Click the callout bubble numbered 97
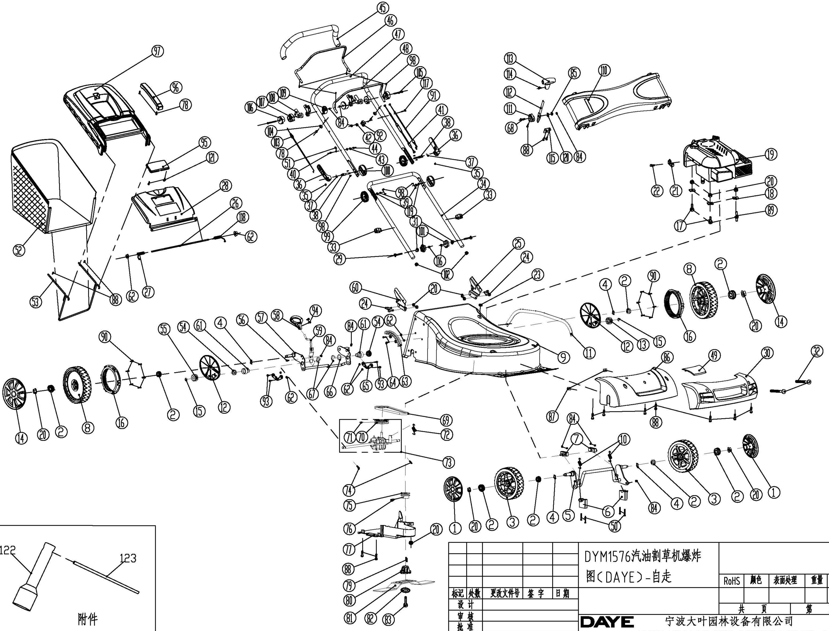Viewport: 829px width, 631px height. coord(157,51)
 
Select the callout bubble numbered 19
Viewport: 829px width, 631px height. coord(771,154)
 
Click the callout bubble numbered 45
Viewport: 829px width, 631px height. coord(383,8)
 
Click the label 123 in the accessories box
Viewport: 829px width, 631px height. coord(128,558)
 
